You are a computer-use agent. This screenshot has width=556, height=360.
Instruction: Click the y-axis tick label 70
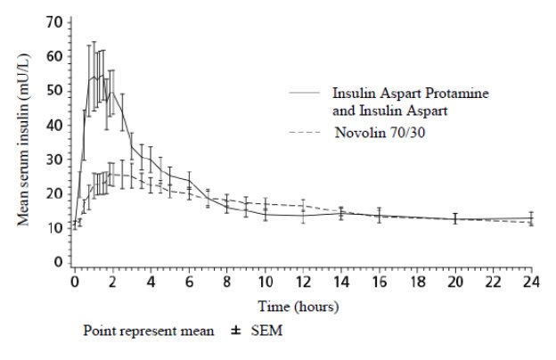tap(54, 21)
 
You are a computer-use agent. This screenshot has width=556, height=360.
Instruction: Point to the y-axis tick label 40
tap(54, 125)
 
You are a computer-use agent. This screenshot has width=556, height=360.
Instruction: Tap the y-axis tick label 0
tap(58, 263)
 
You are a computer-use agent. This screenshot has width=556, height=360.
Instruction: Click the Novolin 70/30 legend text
tap(378, 133)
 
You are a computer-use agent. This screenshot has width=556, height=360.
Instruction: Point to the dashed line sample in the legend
tap(307, 133)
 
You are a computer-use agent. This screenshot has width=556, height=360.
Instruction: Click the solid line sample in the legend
tap(307, 93)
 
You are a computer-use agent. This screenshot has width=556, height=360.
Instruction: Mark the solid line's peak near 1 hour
tap(94, 77)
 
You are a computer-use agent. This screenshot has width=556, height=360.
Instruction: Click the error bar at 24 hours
tap(531, 219)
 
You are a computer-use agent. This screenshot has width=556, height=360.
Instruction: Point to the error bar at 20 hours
tap(455, 218)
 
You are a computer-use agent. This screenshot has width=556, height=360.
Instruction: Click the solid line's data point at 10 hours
tap(266, 214)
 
